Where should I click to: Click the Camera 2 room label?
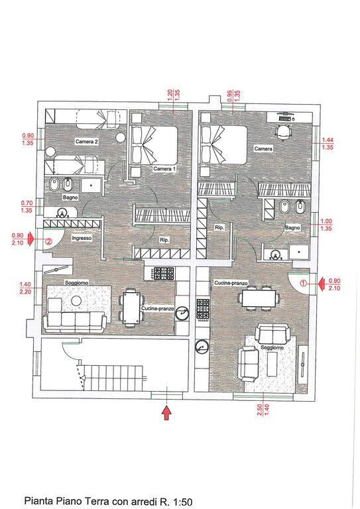click(x=86, y=142)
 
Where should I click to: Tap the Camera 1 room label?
click(x=164, y=169)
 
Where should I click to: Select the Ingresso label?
click(x=82, y=238)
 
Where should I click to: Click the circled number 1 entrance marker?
click(x=303, y=283)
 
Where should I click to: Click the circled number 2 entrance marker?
click(x=48, y=241)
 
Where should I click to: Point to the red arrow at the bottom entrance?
click(x=166, y=413)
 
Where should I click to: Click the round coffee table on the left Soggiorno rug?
click(x=76, y=301)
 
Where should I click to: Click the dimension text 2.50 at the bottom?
click(x=260, y=410)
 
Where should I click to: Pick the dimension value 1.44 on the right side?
click(x=328, y=141)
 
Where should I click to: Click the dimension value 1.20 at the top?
click(x=170, y=95)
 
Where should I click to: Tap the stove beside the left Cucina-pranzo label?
click(x=164, y=273)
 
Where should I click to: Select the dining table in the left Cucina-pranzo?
click(x=131, y=308)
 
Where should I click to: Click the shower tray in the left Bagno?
click(x=91, y=186)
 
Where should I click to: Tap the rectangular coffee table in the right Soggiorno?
click(x=272, y=364)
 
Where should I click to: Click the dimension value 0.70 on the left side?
click(x=27, y=203)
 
